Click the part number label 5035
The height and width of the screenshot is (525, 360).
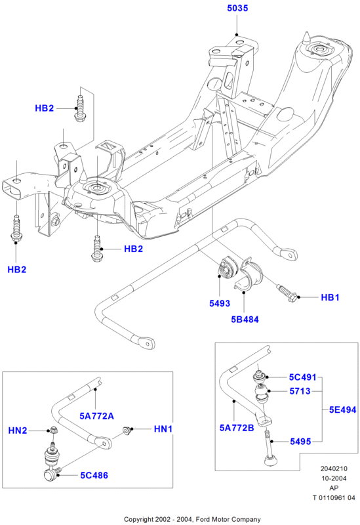(237, 8)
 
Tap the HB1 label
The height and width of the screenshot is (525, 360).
(330, 297)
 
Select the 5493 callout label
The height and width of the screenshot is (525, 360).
(220, 303)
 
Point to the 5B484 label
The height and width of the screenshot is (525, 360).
(245, 320)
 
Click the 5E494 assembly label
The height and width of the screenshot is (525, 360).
(342, 409)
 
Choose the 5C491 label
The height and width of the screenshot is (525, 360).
(303, 377)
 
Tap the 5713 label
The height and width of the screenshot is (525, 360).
(300, 391)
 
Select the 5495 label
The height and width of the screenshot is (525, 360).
(300, 442)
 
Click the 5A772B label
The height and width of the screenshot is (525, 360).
(237, 428)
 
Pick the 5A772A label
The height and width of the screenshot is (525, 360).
(96, 416)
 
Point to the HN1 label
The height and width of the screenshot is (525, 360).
(163, 429)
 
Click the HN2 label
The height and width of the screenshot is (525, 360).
(18, 430)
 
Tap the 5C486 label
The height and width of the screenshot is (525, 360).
(94, 475)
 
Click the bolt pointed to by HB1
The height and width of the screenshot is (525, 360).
(287, 292)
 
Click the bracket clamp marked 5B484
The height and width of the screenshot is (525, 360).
(249, 274)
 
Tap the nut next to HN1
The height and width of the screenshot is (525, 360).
(127, 430)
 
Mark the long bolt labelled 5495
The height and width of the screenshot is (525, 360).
(270, 448)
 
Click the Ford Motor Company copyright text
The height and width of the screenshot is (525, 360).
(192, 519)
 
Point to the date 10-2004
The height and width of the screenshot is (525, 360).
(334, 478)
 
